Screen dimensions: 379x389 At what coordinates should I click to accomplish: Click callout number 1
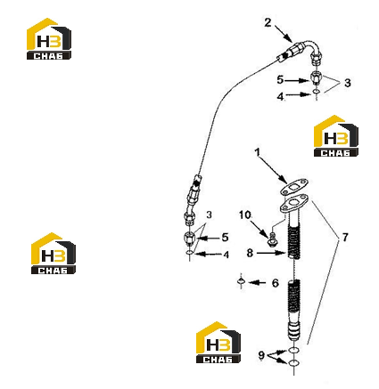click(258, 152)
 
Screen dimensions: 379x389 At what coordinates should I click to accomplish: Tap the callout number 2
click(268, 22)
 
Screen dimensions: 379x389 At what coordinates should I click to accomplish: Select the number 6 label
click(276, 283)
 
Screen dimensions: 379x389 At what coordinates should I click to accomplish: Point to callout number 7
click(345, 237)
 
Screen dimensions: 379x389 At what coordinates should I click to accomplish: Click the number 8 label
click(250, 253)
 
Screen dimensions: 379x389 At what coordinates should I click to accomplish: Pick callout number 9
click(261, 355)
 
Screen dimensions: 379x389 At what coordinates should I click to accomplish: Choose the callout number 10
click(245, 215)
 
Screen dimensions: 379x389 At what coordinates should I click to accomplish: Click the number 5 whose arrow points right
click(280, 80)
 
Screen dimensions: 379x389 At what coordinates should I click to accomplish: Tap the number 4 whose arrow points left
click(227, 255)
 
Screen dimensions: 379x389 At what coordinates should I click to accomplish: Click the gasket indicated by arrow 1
click(294, 187)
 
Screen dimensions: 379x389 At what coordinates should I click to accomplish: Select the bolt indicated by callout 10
click(272, 239)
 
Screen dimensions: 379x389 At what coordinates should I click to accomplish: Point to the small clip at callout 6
click(241, 281)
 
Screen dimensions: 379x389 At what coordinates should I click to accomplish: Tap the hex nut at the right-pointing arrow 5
click(316, 77)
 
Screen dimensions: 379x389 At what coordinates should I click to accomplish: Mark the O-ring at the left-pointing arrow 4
click(190, 253)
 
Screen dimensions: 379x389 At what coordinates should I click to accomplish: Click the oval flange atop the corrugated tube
click(294, 203)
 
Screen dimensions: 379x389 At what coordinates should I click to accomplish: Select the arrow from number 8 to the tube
click(271, 253)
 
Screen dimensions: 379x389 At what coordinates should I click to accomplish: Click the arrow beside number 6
click(257, 283)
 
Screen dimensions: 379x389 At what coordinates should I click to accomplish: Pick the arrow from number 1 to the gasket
click(274, 170)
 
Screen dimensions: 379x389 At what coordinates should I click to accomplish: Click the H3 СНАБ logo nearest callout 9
click(218, 342)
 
